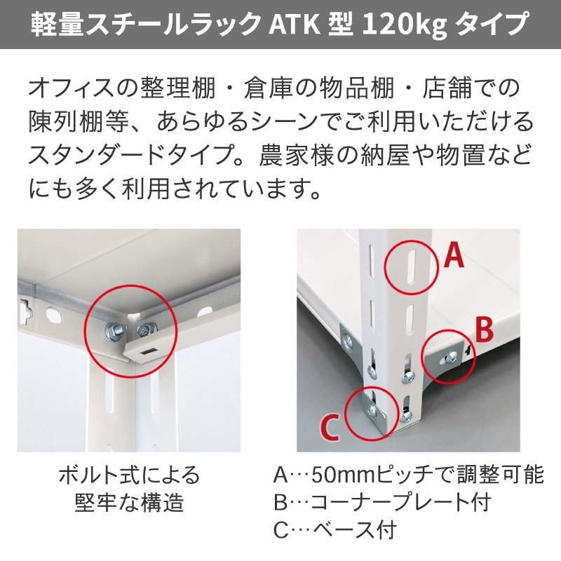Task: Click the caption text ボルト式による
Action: (x=128, y=475)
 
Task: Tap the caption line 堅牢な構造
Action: (x=128, y=501)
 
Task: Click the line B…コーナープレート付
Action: (x=381, y=501)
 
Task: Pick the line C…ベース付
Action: (x=335, y=528)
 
